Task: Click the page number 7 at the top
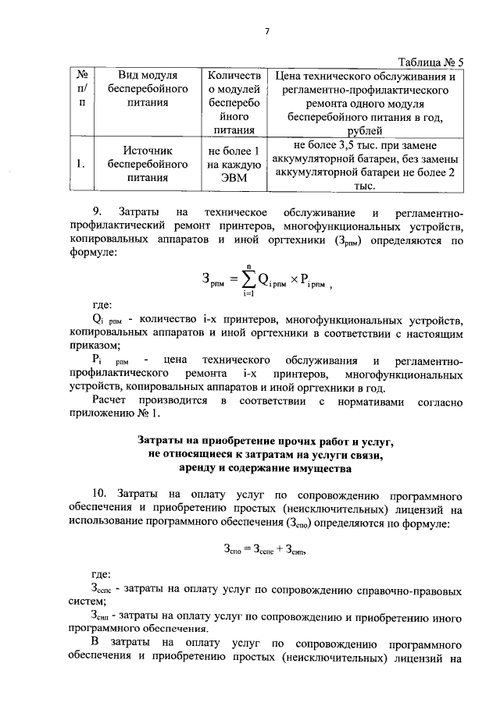(266, 31)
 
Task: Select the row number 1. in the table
(81, 165)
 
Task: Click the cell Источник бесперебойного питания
(148, 164)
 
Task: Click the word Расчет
(112, 401)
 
